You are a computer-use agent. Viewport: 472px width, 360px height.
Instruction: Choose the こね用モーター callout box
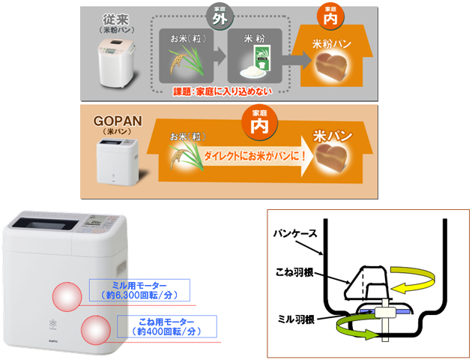pyautogui.click(x=167, y=325)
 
